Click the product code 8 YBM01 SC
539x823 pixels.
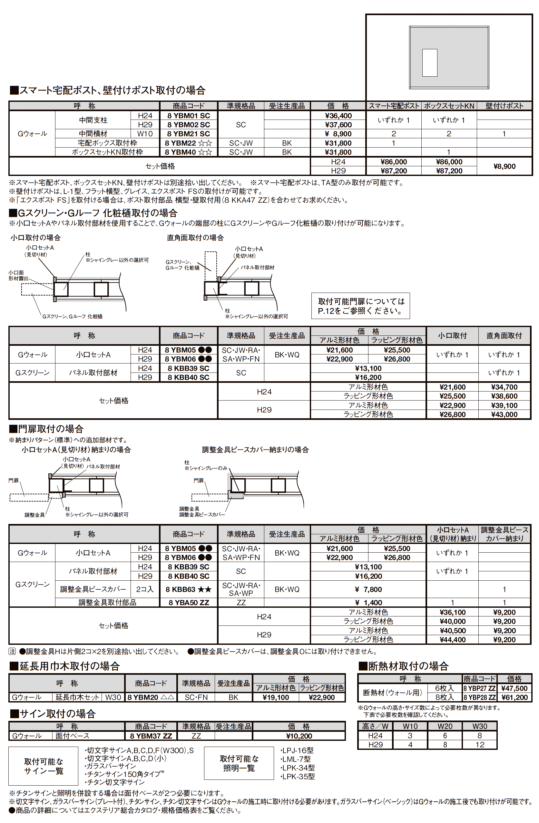click(189, 115)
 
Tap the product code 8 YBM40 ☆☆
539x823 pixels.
click(189, 152)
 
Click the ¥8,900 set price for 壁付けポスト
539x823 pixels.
click(504, 166)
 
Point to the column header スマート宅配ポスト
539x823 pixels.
click(393, 106)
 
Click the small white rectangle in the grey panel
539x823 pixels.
click(430, 63)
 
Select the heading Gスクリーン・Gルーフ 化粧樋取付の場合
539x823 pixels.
click(93, 213)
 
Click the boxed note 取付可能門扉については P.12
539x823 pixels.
click(360, 306)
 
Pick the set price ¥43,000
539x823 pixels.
click(504, 414)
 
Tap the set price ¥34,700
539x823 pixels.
click(504, 387)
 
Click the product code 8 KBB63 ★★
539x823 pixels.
click(189, 589)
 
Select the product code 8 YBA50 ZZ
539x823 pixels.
click(189, 602)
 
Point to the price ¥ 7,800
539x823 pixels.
click(368, 589)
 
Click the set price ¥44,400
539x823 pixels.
click(452, 639)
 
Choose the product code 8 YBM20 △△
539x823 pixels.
click(151, 697)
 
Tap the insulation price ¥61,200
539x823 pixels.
click(514, 697)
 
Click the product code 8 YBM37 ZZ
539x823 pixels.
click(151, 736)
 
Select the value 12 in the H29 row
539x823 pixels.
click(479, 744)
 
